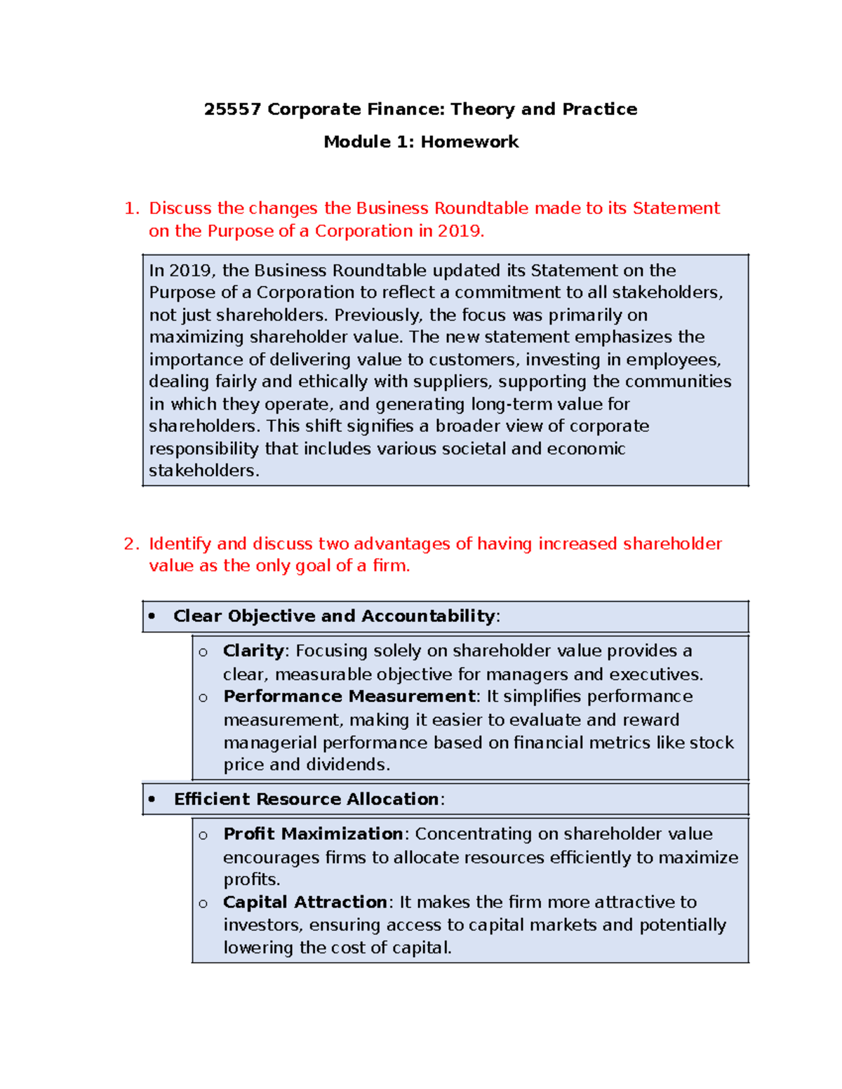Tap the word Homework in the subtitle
coord(469,142)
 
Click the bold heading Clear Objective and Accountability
coord(334,616)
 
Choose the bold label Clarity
coord(253,651)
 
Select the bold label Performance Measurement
coord(349,696)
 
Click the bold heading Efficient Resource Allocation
coord(307,799)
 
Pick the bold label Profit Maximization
coord(313,834)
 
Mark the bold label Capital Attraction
coord(305,902)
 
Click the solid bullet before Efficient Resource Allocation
coord(152,799)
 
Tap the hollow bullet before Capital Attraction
coord(203,903)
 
